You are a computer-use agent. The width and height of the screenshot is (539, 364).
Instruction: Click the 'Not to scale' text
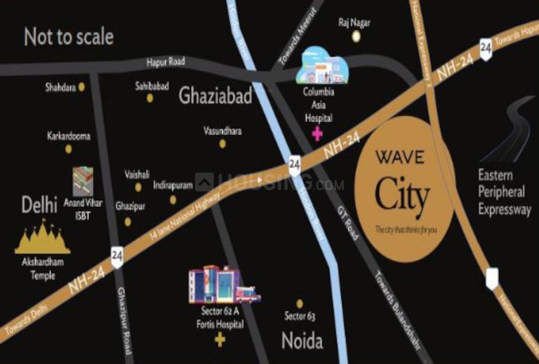69,37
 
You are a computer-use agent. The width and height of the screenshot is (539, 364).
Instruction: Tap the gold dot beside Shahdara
81,87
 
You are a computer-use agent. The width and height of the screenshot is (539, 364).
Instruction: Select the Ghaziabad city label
215,96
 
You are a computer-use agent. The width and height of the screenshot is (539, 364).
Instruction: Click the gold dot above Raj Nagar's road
356,37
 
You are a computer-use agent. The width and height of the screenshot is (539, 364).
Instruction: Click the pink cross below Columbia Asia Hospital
317,134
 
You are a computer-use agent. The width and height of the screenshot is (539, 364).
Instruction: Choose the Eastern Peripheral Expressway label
504,192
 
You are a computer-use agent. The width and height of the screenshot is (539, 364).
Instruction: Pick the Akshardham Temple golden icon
43,237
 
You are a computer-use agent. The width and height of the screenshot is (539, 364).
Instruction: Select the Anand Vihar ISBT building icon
83,181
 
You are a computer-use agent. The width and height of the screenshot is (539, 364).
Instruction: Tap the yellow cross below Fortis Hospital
220,341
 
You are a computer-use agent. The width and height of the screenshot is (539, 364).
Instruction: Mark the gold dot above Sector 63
299,304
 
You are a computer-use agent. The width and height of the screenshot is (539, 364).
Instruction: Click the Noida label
302,341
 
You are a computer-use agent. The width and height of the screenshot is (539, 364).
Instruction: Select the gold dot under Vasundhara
223,144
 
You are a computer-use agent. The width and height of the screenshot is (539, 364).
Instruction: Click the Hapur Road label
166,62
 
